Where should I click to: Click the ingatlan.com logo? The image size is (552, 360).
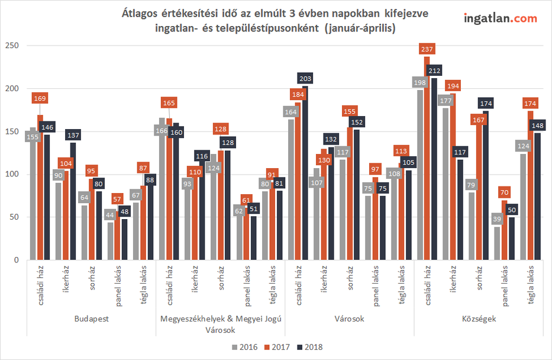coord(500,18)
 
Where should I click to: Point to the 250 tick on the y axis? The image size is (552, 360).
coord(11,46)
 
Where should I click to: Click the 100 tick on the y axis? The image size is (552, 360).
coord(11,174)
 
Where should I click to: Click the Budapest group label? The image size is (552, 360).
coord(91,319)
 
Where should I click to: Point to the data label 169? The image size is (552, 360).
coord(40,98)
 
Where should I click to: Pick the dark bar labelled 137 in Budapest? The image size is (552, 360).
coord(73,201)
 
